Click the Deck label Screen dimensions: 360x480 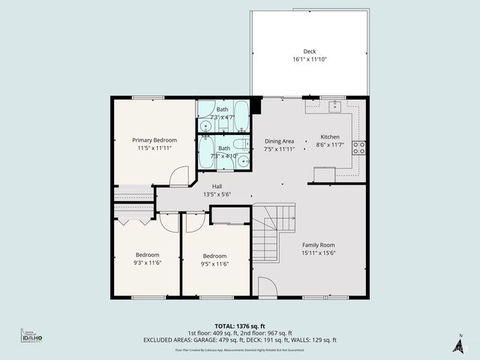pos(310,52)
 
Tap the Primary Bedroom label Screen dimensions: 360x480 pos(154,140)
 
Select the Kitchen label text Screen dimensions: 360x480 pos(331,137)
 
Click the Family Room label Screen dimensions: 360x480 pos(318,245)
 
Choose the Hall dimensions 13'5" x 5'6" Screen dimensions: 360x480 pos(217,194)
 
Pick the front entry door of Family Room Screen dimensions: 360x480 pos(268,287)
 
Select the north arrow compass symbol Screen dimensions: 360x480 pos(458,344)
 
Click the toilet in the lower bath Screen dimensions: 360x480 pos(237,145)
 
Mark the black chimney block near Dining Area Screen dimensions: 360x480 pos(256,104)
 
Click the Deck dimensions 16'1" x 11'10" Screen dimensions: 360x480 pos(310,59)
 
